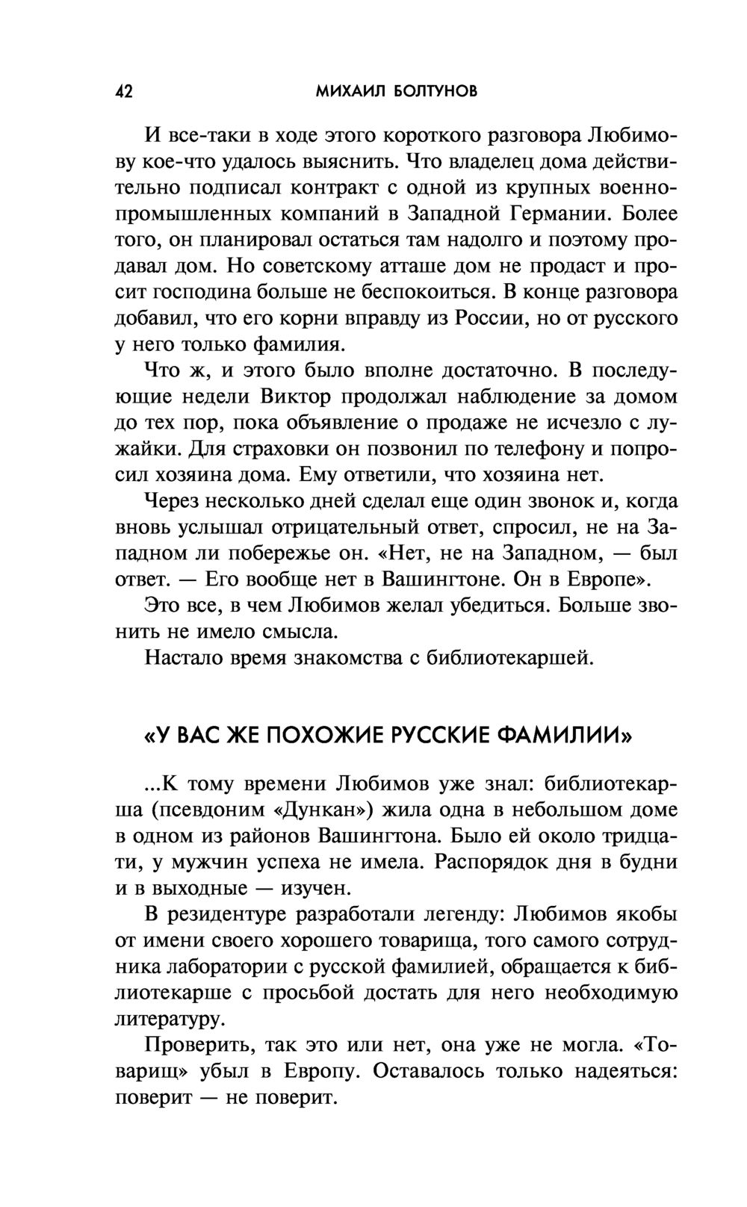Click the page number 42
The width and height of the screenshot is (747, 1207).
[x=124, y=92]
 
